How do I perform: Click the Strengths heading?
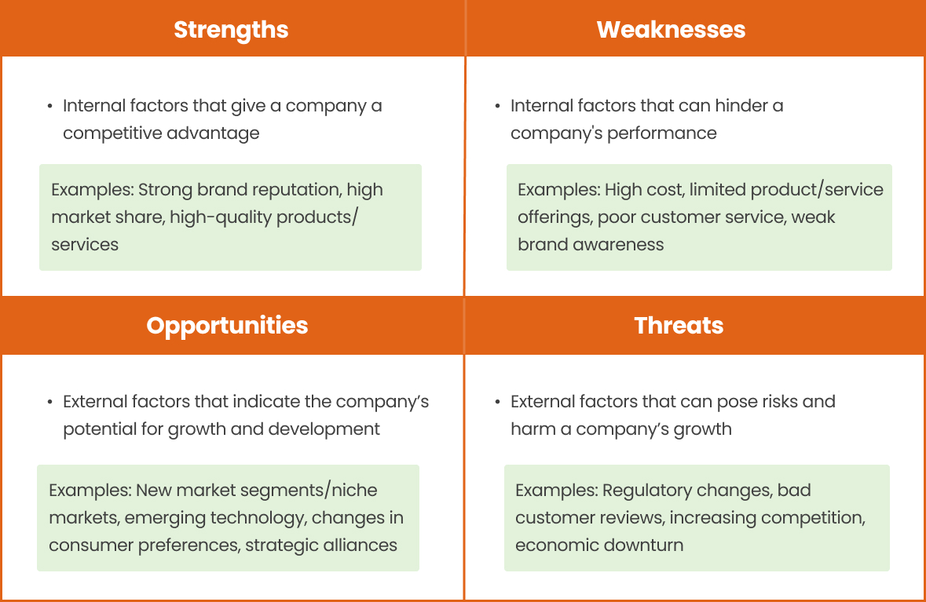click(x=231, y=30)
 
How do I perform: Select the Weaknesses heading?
click(x=671, y=30)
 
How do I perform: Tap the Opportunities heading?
click(x=227, y=326)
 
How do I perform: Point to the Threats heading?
click(x=679, y=326)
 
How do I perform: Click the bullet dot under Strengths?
click(x=49, y=106)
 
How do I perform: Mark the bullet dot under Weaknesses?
click(x=497, y=106)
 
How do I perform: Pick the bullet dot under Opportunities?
click(x=49, y=402)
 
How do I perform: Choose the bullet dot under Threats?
click(x=497, y=402)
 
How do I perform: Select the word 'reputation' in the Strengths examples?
click(x=299, y=190)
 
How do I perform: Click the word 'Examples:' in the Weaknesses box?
click(x=558, y=190)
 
